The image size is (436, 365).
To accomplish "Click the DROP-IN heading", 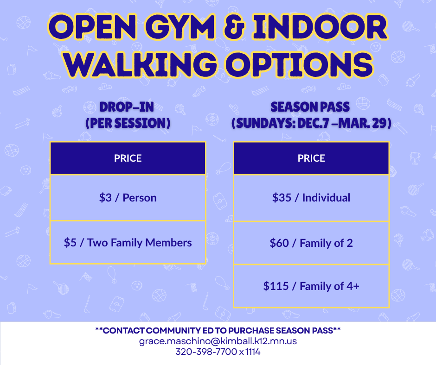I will click(x=127, y=107).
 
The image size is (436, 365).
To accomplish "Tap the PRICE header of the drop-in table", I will click(x=128, y=158).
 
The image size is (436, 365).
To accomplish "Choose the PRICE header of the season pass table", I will click(x=311, y=158).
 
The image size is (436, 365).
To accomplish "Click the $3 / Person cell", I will click(x=128, y=198).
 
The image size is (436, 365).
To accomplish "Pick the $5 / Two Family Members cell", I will click(x=128, y=243).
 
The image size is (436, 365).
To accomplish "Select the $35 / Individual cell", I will click(x=311, y=198).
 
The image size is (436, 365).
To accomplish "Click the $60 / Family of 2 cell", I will click(x=311, y=243).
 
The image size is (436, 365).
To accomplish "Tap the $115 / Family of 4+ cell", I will click(x=311, y=286).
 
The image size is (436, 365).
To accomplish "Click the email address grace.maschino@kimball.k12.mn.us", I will click(x=218, y=341).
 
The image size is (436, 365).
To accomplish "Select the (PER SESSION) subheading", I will click(x=127, y=124).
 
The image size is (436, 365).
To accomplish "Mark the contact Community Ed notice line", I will click(x=218, y=331).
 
